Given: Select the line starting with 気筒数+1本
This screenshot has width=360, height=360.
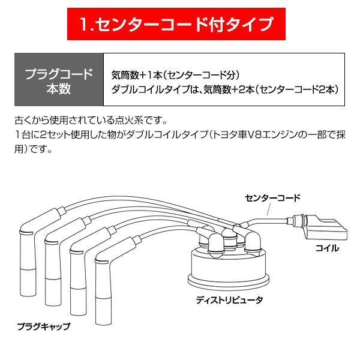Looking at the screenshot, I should click(x=176, y=76).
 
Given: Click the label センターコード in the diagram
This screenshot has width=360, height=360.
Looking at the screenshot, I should click(x=272, y=197).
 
